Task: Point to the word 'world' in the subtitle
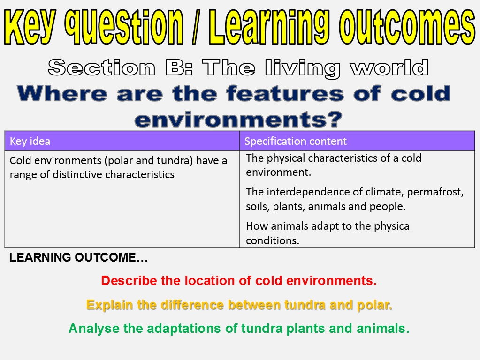tap(389, 67)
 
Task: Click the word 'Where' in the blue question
tap(62, 93)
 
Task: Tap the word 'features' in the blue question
tap(285, 93)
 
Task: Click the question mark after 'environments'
tap(334, 119)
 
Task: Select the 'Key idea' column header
tap(30, 141)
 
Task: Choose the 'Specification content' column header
tap(296, 141)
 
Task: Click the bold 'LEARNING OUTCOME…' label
tap(79, 257)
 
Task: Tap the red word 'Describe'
tap(129, 280)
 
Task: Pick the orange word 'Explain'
tap(110, 305)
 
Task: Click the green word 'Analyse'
tap(94, 329)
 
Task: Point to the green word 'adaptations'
tap(184, 329)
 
